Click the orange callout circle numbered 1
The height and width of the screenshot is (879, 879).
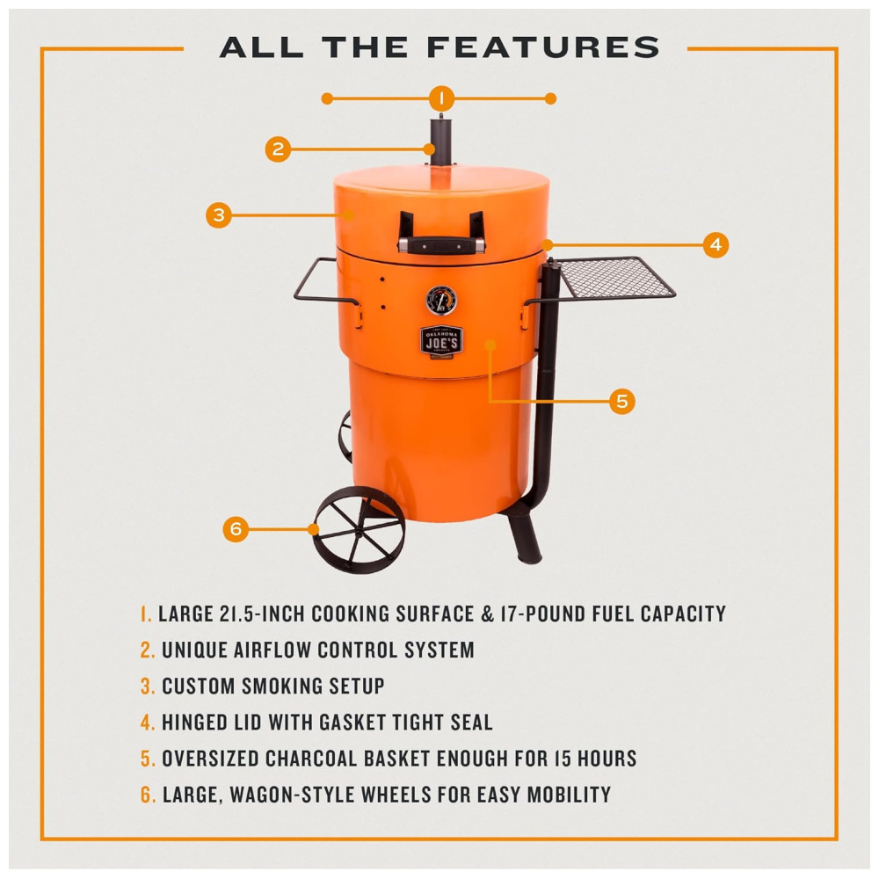(441, 98)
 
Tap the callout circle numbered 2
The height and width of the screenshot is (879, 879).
(278, 149)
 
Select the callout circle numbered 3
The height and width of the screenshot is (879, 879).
(219, 214)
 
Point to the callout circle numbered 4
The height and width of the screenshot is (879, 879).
(716, 245)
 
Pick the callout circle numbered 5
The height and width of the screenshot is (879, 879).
(622, 402)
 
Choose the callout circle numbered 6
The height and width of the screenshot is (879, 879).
(236, 528)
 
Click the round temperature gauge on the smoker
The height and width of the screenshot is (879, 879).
(441, 301)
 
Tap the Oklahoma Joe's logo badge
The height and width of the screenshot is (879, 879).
(442, 341)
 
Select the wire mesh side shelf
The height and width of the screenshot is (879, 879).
(615, 278)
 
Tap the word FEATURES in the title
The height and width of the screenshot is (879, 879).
(543, 47)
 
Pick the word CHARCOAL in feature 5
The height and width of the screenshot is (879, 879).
(311, 759)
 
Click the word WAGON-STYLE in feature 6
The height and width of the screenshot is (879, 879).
(292, 795)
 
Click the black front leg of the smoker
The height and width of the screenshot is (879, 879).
(526, 537)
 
